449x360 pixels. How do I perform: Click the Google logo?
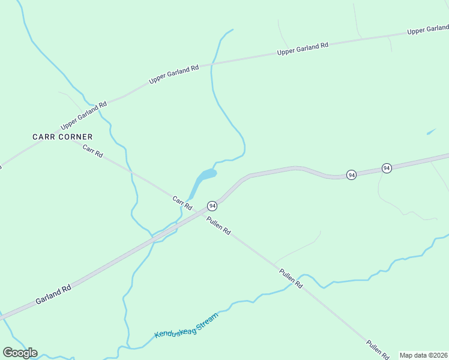coord(20,353)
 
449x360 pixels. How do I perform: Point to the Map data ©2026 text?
coord(424,355)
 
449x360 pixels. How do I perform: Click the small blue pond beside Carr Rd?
coord(204,176)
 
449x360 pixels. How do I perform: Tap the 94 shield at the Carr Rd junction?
coord(212,206)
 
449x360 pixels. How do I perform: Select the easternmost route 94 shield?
coord(387,168)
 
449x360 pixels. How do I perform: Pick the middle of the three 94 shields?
coord(352,175)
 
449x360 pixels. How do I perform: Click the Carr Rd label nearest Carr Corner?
coord(93,152)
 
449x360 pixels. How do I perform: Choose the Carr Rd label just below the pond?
coord(182,203)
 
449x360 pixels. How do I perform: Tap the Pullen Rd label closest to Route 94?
coord(218,226)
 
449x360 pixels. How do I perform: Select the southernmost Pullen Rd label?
coord(378,349)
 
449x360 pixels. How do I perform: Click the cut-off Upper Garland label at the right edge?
coord(427,29)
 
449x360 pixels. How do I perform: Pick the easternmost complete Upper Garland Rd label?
coord(303,49)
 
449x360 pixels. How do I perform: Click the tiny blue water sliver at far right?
coord(431,131)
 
